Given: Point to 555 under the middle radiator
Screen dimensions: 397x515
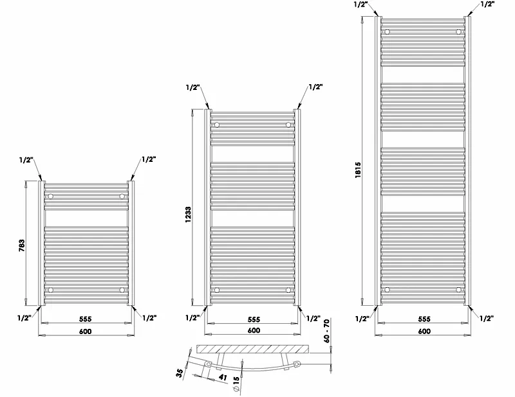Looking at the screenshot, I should (253, 319).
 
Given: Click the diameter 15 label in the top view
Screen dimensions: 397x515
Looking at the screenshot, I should (237, 384).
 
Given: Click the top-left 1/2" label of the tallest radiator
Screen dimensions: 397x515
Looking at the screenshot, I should (361, 4).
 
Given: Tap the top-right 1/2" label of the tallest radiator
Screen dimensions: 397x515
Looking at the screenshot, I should (487, 4).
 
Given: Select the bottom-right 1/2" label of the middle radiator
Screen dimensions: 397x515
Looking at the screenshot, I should (314, 318).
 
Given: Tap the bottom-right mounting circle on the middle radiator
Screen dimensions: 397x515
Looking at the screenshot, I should (288, 290).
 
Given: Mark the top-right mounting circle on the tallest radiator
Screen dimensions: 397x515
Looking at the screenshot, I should (458, 31).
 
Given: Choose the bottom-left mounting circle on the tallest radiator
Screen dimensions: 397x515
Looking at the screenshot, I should (387, 289).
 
